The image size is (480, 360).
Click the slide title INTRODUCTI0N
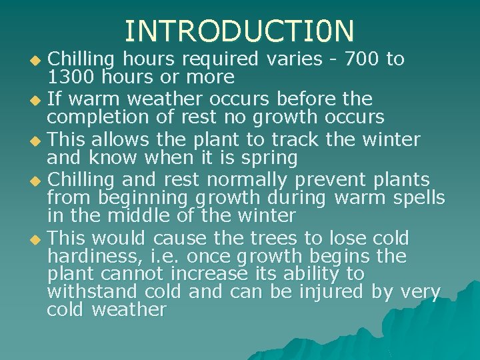coord(240,31)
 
